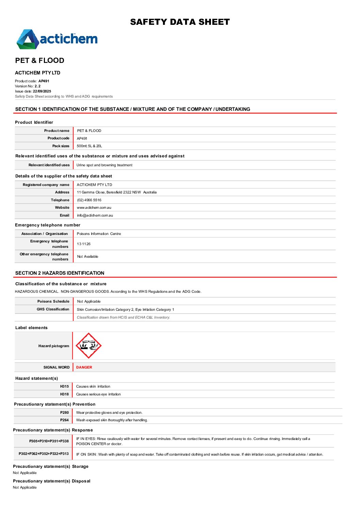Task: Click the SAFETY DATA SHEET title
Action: pos(180,22)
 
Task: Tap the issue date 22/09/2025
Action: pos(42,91)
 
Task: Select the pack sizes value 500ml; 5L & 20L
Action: pos(89,146)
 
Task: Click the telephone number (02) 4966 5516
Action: pos(89,200)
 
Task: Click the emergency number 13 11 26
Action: pos(84,244)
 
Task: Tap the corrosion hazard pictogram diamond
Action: pos(88,345)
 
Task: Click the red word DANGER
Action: pos(84,367)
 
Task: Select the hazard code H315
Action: pos(64,386)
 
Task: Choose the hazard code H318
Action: pos(64,394)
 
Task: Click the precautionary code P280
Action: pos(64,412)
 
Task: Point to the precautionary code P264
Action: pos(64,420)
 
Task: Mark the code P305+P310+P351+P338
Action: pos(49,441)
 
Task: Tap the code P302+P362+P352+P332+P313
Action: pos(44,454)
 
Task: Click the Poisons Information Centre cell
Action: pos(99,234)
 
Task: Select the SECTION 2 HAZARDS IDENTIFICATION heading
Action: pos(60,273)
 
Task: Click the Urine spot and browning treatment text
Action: pos(104,165)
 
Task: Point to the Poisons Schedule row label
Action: pos(53,301)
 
